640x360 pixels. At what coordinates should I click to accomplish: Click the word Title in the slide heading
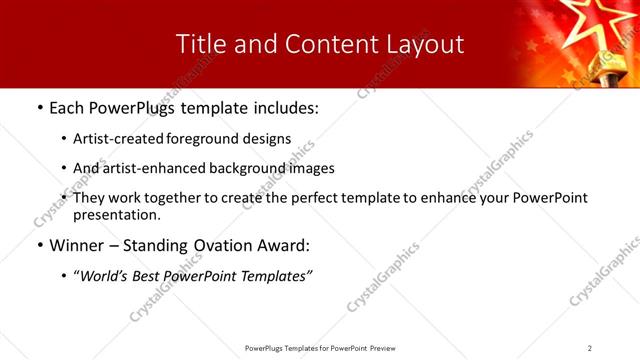coord(199,44)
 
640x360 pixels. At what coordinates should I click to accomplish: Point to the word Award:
coord(283,245)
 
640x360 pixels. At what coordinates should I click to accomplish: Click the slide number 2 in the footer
coord(590,348)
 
